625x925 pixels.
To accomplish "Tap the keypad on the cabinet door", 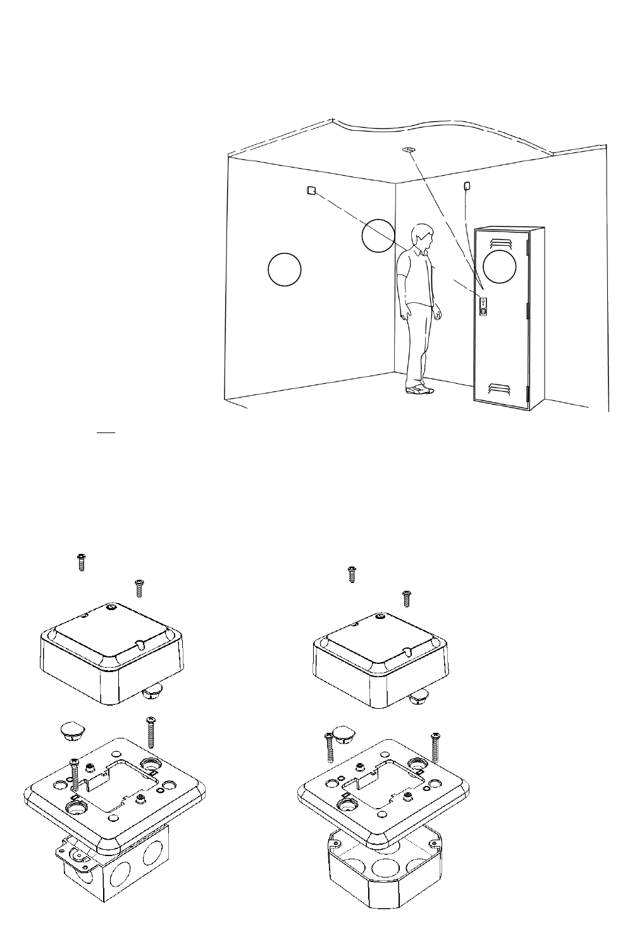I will click(x=483, y=307).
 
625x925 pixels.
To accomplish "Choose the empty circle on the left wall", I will click(x=284, y=269).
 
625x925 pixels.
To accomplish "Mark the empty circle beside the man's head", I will click(x=378, y=235).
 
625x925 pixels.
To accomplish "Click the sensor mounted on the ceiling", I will click(x=408, y=150).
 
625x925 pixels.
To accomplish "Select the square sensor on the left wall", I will click(x=311, y=190).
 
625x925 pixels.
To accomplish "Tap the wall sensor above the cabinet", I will click(x=467, y=186).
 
